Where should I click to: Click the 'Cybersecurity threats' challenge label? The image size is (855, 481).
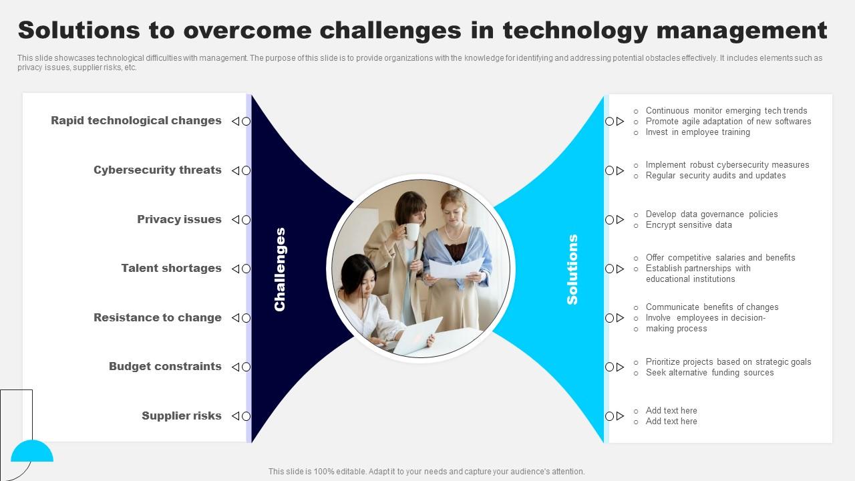click(x=157, y=170)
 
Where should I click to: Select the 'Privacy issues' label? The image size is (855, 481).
click(x=179, y=220)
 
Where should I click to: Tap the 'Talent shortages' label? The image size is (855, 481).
click(x=171, y=269)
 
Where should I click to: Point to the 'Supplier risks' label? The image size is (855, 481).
click(x=181, y=416)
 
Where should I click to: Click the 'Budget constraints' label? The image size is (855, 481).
click(x=165, y=367)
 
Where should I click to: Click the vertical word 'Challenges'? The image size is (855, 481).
click(x=280, y=269)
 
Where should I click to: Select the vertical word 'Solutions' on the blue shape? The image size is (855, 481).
click(x=572, y=269)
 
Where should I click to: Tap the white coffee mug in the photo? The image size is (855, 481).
click(x=411, y=232)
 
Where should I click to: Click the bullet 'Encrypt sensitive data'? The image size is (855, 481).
click(x=689, y=225)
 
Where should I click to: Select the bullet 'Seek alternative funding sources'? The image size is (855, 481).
click(x=709, y=373)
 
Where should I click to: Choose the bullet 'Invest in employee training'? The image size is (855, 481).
click(x=698, y=132)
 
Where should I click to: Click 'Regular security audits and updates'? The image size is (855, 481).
click(x=715, y=176)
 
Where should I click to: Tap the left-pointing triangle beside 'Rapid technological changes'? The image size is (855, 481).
click(x=236, y=122)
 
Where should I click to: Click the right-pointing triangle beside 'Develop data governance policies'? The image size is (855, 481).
click(x=621, y=220)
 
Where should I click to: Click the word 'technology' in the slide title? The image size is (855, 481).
click(x=575, y=31)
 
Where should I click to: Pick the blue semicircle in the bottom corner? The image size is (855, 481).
click(x=32, y=451)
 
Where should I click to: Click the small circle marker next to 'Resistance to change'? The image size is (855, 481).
click(x=246, y=318)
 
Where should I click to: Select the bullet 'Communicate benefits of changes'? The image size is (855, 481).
click(x=712, y=307)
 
